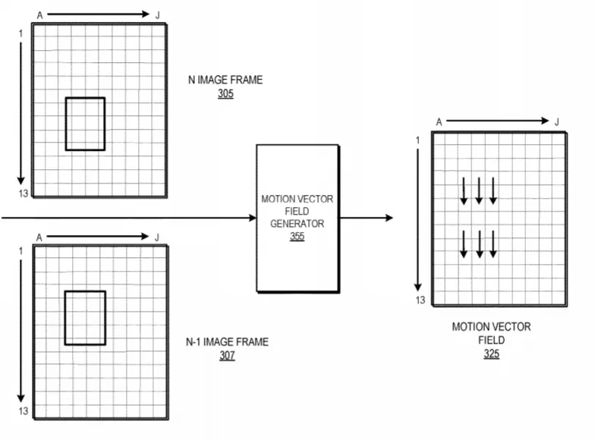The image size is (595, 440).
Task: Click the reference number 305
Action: [x=225, y=94]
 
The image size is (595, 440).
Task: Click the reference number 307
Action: [x=227, y=356]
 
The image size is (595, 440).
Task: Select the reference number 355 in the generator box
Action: [x=297, y=237]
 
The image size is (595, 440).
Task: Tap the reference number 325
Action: [x=492, y=354]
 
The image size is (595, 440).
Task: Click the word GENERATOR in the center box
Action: [x=297, y=224]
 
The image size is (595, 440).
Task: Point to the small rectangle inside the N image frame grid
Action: [x=65, y=124]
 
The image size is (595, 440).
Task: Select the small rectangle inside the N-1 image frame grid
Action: [x=65, y=318]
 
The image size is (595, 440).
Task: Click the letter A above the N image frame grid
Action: [x=39, y=15]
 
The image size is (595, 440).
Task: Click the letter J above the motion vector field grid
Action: [x=557, y=122]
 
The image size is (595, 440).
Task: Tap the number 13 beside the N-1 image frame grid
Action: [x=23, y=411]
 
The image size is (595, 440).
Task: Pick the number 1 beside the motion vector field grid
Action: [x=417, y=140]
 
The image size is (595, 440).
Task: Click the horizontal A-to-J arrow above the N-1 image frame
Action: [x=97, y=237]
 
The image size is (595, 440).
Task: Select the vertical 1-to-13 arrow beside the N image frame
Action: [x=21, y=113]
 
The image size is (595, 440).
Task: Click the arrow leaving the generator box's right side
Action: [x=366, y=218]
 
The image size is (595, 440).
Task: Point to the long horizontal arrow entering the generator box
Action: [x=129, y=218]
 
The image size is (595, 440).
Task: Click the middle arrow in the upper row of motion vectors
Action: [x=479, y=191]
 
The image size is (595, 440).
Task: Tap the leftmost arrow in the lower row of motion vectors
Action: [x=464, y=244]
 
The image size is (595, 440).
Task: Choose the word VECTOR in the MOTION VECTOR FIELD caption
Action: [x=512, y=327]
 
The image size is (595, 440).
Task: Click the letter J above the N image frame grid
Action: [x=158, y=15]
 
